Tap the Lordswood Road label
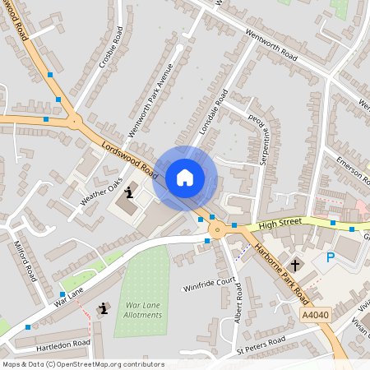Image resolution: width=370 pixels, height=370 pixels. (x=129, y=158)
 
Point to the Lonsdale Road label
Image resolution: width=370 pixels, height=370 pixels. (x=212, y=118)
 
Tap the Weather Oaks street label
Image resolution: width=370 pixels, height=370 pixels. (x=100, y=192)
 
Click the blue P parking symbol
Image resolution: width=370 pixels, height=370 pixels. (x=331, y=257)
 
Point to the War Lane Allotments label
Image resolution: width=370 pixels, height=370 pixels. (x=144, y=310)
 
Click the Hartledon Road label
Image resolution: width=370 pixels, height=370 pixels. (x=62, y=344)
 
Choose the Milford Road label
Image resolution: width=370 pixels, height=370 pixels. (x=25, y=261)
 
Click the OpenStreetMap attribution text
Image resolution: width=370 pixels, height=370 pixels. (x=83, y=364)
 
